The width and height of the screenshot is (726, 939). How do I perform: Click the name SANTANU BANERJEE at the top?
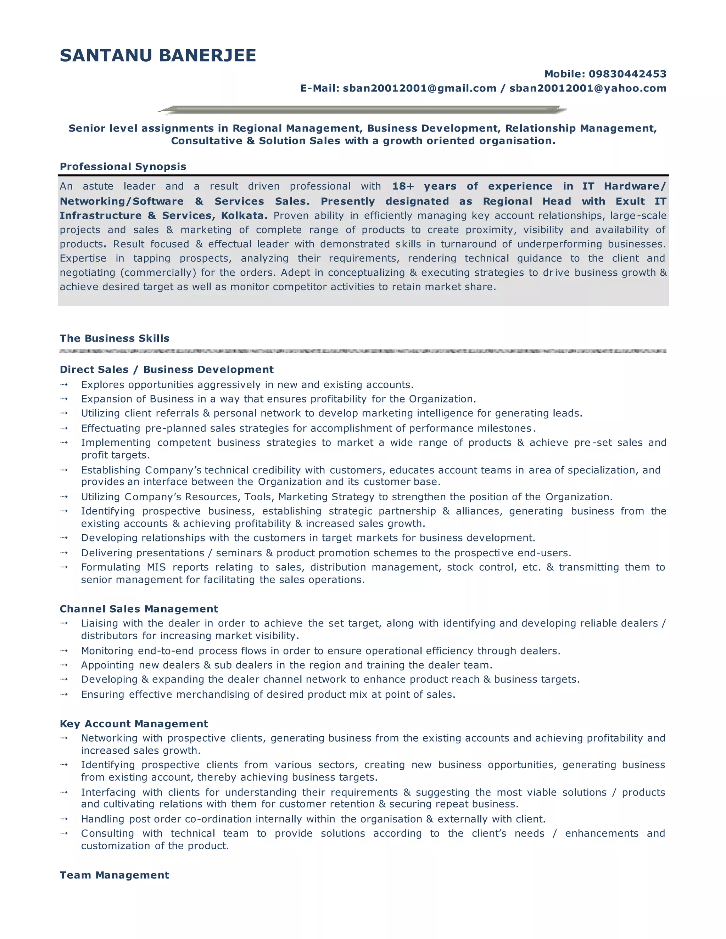(x=158, y=56)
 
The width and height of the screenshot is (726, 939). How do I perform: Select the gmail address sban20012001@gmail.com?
(x=419, y=89)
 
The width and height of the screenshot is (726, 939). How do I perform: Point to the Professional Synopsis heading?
(x=123, y=167)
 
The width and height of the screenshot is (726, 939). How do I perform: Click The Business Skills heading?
(x=115, y=338)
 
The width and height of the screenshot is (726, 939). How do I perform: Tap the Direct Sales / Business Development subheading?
(x=167, y=370)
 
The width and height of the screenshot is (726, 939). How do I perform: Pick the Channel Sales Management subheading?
(x=139, y=609)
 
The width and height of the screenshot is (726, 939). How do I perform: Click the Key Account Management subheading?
(x=134, y=724)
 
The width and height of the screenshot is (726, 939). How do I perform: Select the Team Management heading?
(x=115, y=875)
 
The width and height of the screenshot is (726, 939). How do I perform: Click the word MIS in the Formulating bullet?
(x=156, y=568)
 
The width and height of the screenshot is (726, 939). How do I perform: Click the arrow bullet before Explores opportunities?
(x=64, y=385)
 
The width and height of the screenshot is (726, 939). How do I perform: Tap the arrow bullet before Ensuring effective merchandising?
(x=64, y=695)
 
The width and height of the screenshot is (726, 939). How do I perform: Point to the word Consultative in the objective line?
(x=206, y=141)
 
